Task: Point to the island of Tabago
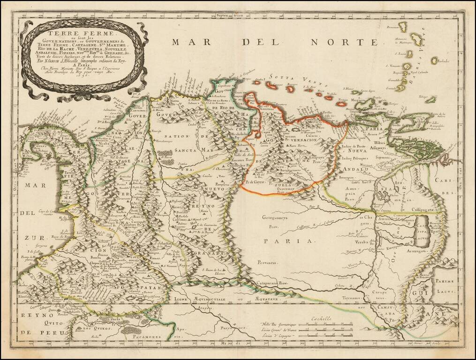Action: point(430,99)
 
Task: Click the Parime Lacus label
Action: point(447,285)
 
